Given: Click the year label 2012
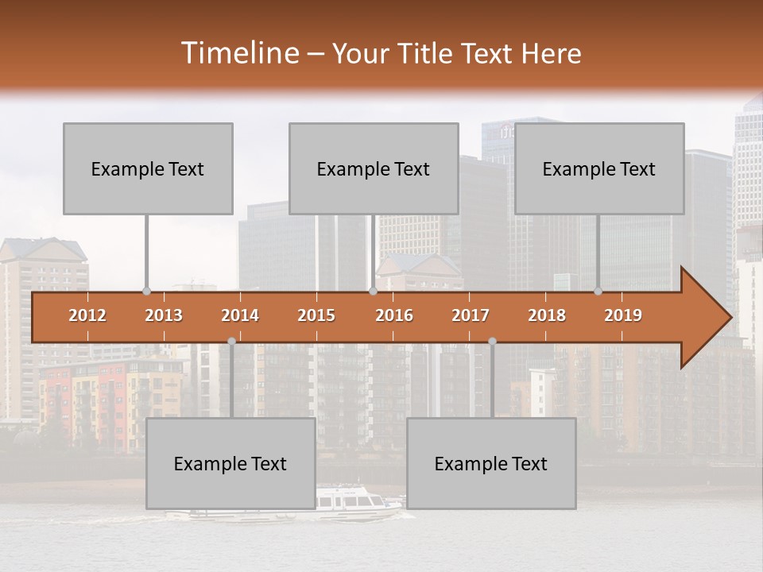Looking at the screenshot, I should (x=87, y=315).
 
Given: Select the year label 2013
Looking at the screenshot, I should (x=164, y=315).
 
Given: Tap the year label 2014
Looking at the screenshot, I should (x=240, y=315).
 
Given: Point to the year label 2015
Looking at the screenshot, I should (x=316, y=315).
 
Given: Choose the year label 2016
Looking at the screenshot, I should (x=394, y=315).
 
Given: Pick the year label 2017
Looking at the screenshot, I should (x=471, y=315).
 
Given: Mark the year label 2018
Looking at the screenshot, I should (x=547, y=315).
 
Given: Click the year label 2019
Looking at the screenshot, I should (x=623, y=315).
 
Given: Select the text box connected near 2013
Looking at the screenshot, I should (x=148, y=168).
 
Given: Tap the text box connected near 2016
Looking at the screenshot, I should (x=374, y=168).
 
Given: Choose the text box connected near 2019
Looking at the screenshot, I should (x=599, y=168).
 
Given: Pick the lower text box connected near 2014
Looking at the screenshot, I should (x=230, y=463).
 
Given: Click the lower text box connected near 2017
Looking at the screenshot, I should (x=491, y=463).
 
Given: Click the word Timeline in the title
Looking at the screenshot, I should (x=238, y=53).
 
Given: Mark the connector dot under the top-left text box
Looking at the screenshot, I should (x=146, y=292).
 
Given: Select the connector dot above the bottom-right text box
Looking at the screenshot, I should (x=492, y=341).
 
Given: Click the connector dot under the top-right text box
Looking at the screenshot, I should (x=598, y=292).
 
